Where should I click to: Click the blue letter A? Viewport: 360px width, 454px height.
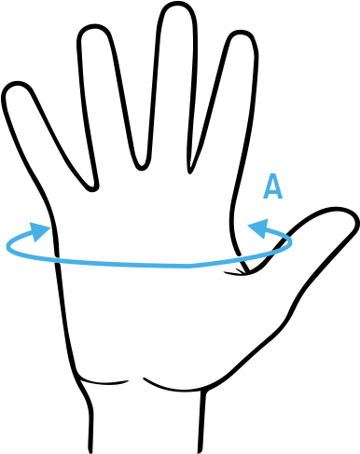pyautogui.click(x=272, y=186)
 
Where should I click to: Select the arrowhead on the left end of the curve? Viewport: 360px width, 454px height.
pyautogui.click(x=39, y=231)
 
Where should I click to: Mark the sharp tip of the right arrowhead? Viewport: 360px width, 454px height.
pyautogui.click(x=247, y=227)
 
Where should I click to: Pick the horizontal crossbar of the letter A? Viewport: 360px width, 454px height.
pyautogui.click(x=272, y=192)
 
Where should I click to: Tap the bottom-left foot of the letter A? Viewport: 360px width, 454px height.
pyautogui.click(x=265, y=199)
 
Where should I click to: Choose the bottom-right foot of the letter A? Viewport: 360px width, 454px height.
pyautogui.click(x=280, y=199)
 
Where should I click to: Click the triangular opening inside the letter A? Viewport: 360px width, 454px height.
pyautogui.click(x=272, y=185)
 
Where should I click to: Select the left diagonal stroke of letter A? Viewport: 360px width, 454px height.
pyautogui.click(x=268, y=186)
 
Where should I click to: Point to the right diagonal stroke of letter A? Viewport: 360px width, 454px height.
pyautogui.click(x=277, y=186)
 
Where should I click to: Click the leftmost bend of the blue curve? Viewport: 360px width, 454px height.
pyautogui.click(x=7, y=246)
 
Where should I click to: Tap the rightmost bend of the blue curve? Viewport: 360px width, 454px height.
pyautogui.click(x=291, y=242)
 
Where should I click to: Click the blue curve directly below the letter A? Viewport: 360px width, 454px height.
pyautogui.click(x=272, y=253)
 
